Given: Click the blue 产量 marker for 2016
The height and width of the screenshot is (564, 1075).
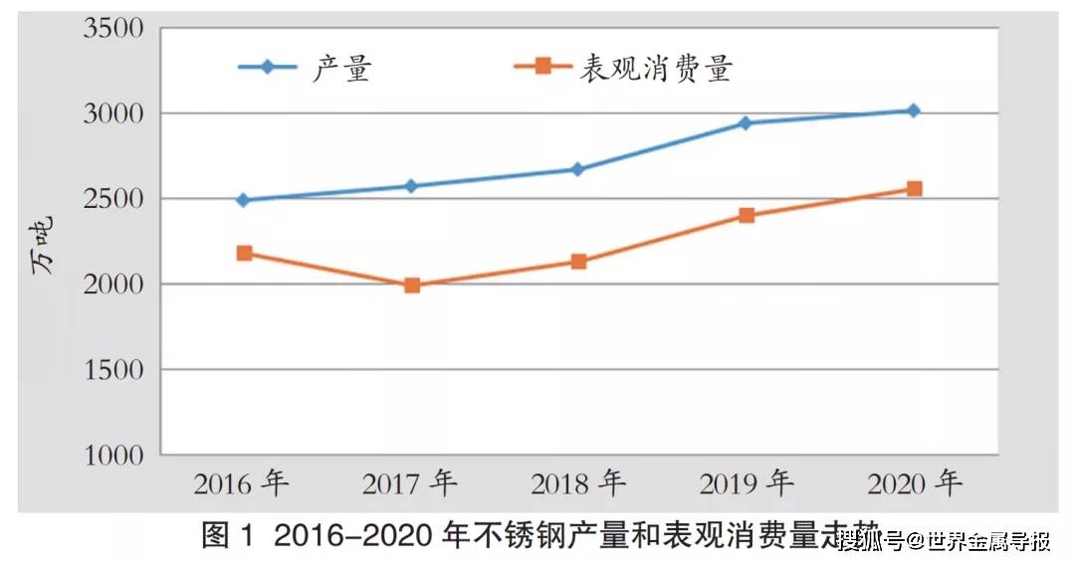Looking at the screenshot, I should click(x=243, y=200).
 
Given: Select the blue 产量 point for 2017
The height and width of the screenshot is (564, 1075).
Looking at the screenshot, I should click(x=411, y=186).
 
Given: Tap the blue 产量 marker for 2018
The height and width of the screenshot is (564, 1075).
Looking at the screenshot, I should click(x=577, y=169).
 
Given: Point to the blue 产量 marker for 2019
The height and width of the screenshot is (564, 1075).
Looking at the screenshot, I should click(x=745, y=123).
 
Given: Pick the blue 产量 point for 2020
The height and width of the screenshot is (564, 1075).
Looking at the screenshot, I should click(x=913, y=110).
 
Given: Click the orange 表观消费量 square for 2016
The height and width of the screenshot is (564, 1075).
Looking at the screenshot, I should click(x=244, y=253).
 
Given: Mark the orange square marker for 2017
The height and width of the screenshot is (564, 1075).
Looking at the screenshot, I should click(x=411, y=285).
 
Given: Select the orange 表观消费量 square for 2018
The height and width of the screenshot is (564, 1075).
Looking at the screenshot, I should click(x=578, y=262).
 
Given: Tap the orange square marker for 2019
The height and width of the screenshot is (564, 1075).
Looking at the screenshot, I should click(x=746, y=215).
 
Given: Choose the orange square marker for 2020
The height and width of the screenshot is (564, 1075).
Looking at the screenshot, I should click(x=913, y=189).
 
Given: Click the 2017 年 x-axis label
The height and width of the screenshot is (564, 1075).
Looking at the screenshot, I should click(x=409, y=484).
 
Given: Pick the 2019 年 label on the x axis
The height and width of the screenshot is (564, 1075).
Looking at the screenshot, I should click(x=746, y=484).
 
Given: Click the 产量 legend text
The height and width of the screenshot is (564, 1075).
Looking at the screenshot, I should click(x=341, y=68).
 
